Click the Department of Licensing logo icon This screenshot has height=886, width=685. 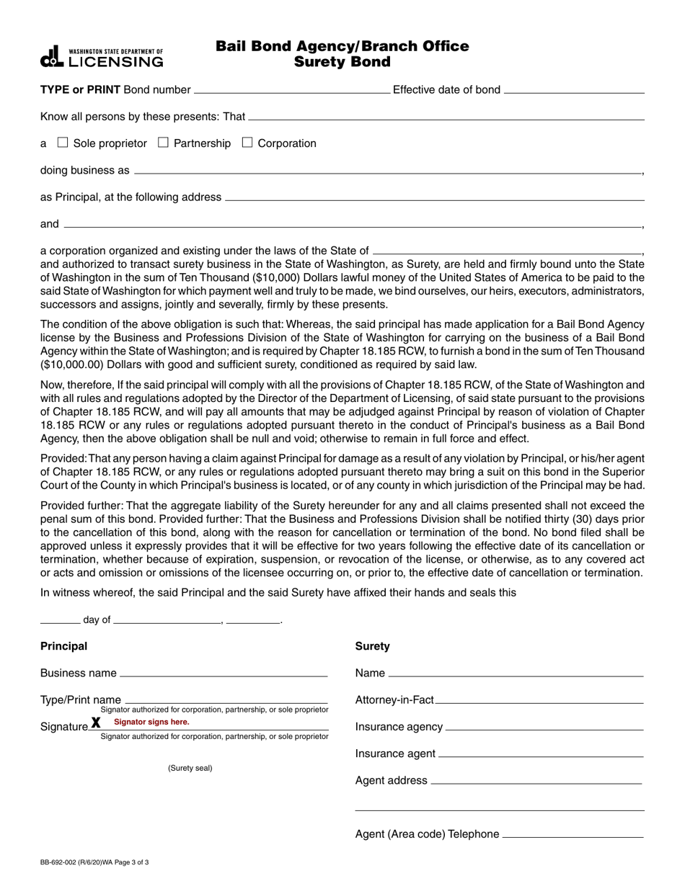[53, 57]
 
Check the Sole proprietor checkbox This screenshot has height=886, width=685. [63, 143]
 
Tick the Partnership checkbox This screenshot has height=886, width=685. [163, 143]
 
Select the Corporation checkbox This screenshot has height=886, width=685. [247, 143]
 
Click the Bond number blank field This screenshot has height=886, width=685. [291, 90]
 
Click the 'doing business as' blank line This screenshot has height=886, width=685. [387, 171]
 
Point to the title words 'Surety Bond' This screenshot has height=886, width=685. [342, 62]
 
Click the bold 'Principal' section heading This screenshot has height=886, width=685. [63, 646]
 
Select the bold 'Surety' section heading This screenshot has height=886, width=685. [372, 646]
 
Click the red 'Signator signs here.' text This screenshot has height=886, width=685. [151, 722]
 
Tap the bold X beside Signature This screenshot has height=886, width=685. [96, 723]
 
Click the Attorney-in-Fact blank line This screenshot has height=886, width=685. [539, 699]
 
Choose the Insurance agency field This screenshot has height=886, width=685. [544, 727]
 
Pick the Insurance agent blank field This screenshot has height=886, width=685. [540, 753]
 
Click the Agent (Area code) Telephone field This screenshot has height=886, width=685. [572, 834]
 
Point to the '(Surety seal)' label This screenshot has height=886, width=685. [190, 768]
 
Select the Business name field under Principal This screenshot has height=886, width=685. [224, 673]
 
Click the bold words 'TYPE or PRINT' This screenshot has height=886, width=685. [81, 90]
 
